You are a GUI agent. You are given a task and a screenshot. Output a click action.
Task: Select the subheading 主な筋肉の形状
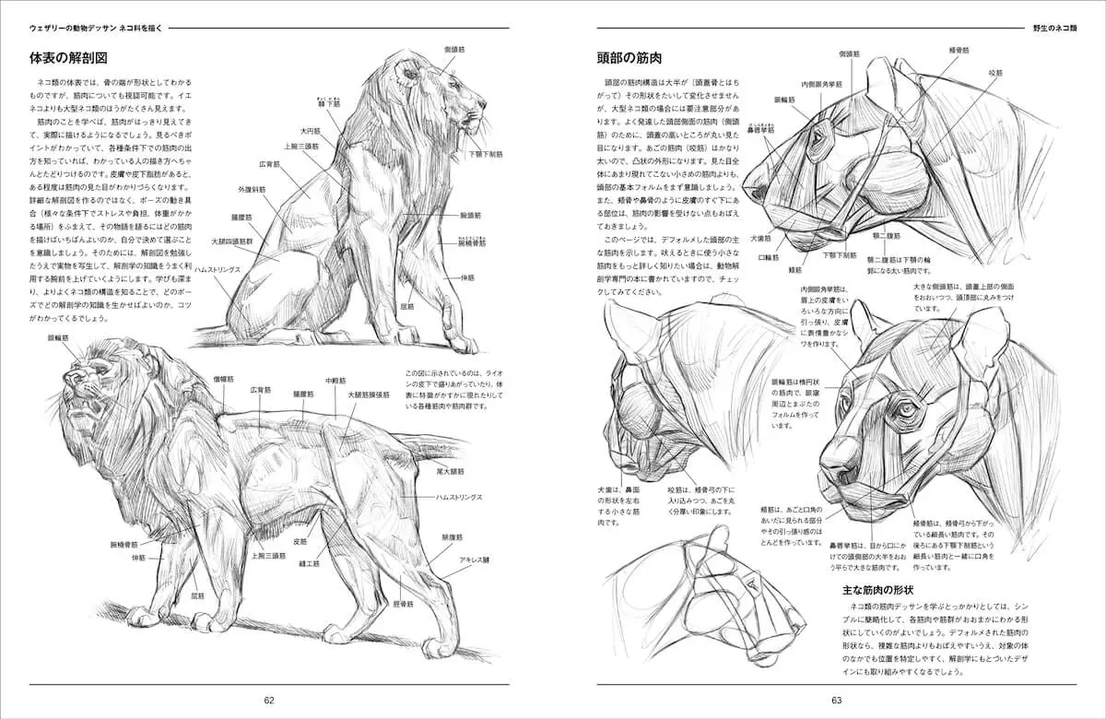(877, 589)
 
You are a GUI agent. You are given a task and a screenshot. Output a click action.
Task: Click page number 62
(269, 700)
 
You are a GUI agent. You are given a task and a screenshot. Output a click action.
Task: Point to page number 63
(837, 700)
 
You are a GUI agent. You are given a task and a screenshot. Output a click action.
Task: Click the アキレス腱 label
(475, 560)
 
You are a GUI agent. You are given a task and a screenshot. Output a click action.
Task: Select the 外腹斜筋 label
(252, 189)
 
